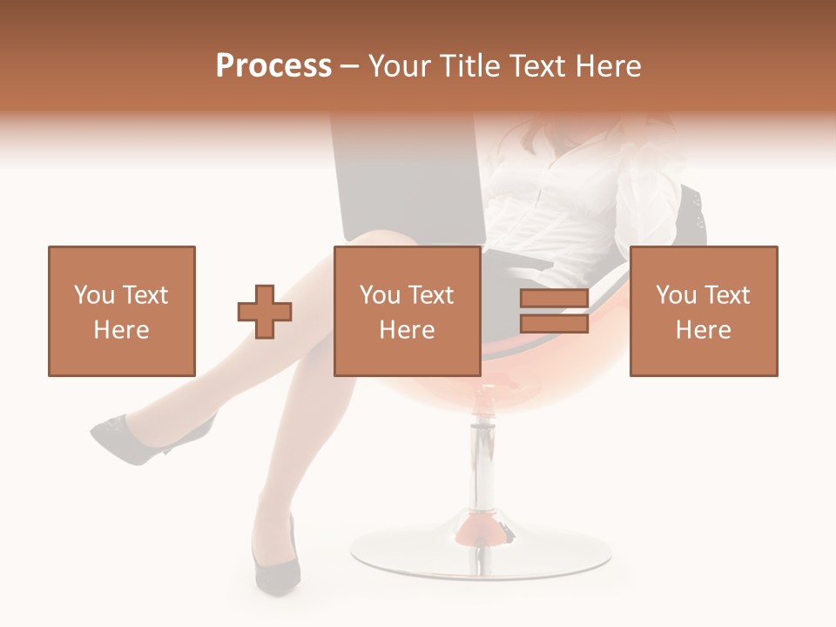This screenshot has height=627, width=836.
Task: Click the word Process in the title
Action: pos(273,66)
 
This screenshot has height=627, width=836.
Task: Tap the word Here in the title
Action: pos(606,66)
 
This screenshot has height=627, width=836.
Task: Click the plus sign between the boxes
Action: pos(265,311)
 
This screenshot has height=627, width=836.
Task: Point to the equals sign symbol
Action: pos(554,311)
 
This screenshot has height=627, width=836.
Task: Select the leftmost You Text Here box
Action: pos(121,311)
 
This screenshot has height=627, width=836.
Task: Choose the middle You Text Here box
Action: pos(407,311)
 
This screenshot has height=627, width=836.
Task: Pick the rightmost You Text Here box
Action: pos(703,311)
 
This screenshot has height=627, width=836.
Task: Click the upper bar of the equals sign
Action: pos(554,300)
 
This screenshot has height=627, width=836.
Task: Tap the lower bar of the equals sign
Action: pos(554,324)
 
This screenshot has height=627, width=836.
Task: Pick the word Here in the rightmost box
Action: pos(703,330)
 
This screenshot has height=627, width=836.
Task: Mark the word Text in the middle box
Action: pos(429,295)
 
